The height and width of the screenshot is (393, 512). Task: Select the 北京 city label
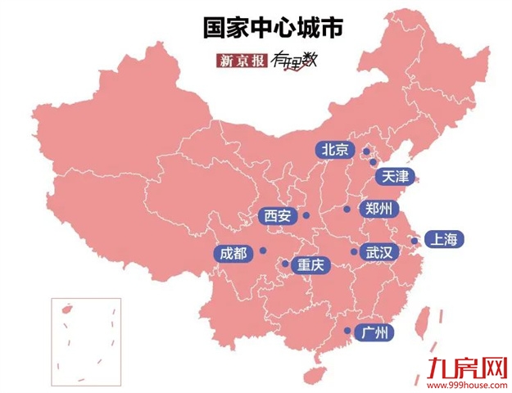click(335, 150)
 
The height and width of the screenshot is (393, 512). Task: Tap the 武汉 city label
click(380, 252)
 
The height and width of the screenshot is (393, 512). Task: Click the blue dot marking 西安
click(306, 215)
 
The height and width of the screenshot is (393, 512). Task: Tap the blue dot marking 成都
click(263, 250)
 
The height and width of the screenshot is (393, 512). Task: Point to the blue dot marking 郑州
click(347, 210)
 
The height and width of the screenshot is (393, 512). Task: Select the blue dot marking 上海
click(415, 241)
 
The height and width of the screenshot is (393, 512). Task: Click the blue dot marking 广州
click(347, 331)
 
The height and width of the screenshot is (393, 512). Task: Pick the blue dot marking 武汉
click(353, 251)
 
